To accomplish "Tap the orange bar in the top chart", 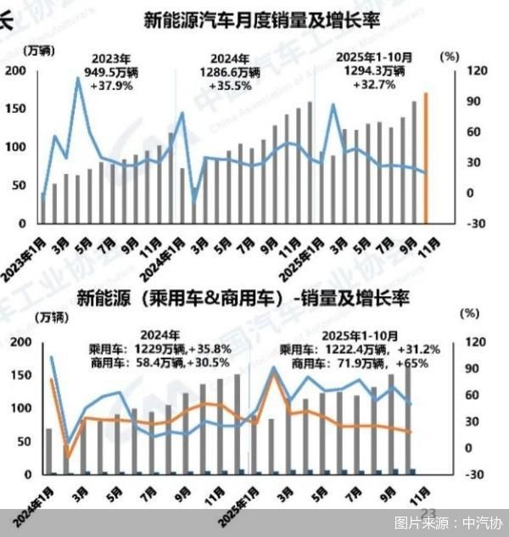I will click(x=426, y=158).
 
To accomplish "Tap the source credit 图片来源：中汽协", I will click(x=448, y=523).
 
